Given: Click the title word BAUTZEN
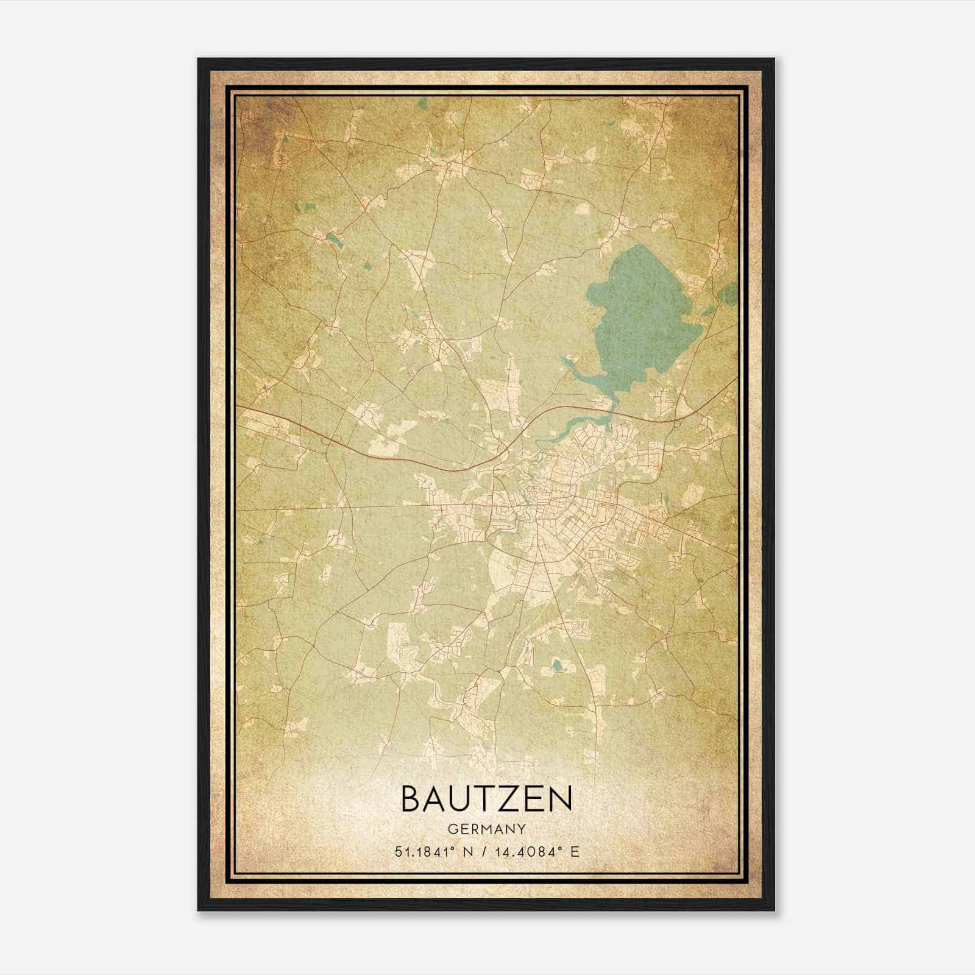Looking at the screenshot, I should pos(486,798).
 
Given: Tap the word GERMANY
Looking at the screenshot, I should pos(487,829).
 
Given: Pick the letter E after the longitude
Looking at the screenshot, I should pos(575,851).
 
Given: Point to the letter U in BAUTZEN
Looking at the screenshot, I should pos(464,798).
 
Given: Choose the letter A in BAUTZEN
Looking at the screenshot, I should pos(437,798).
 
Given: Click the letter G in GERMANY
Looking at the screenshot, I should pos(452,829).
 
